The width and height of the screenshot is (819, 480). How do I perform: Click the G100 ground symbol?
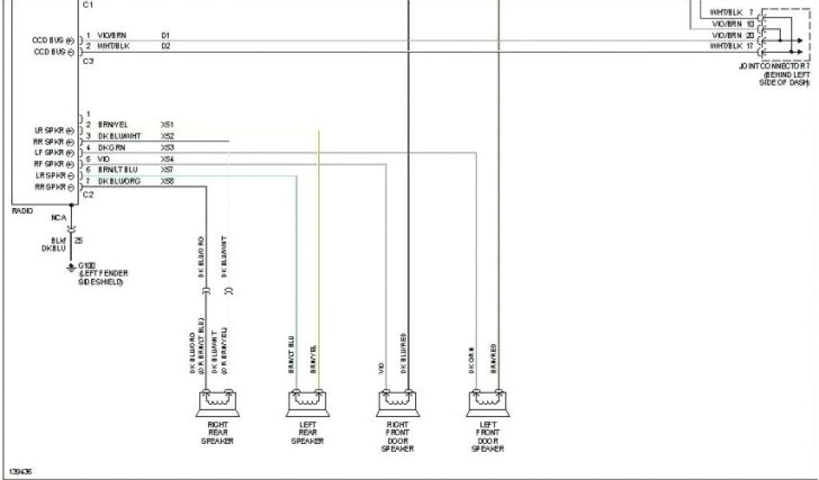click(x=71, y=266)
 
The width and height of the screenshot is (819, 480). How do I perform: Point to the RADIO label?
click(x=22, y=210)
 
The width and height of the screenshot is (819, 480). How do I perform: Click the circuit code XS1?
click(x=167, y=125)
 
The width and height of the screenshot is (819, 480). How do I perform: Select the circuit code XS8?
click(x=167, y=182)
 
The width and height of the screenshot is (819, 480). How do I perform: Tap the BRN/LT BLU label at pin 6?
click(x=118, y=170)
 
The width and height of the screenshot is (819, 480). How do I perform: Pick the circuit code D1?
click(x=166, y=36)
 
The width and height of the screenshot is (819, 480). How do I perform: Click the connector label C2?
click(x=87, y=194)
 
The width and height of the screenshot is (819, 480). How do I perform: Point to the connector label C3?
click(x=87, y=61)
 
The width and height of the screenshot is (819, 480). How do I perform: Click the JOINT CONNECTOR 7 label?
click(x=779, y=66)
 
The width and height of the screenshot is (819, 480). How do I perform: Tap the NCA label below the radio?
click(x=58, y=217)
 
